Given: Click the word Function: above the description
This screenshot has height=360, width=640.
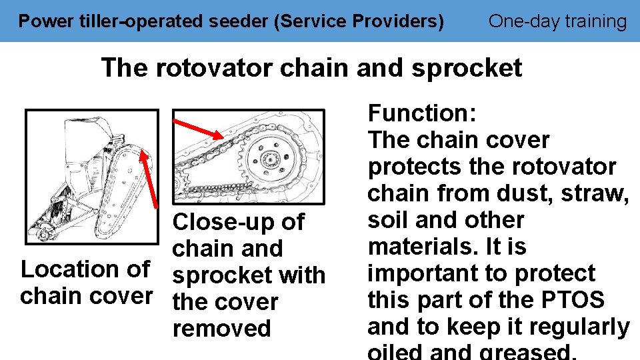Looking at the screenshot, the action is tap(421, 113).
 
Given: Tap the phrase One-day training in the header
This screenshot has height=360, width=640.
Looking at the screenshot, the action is tap(557, 21).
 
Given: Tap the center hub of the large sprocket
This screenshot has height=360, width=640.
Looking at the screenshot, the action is tap(270, 159).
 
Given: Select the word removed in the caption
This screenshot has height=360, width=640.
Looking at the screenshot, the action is tap(221, 329).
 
